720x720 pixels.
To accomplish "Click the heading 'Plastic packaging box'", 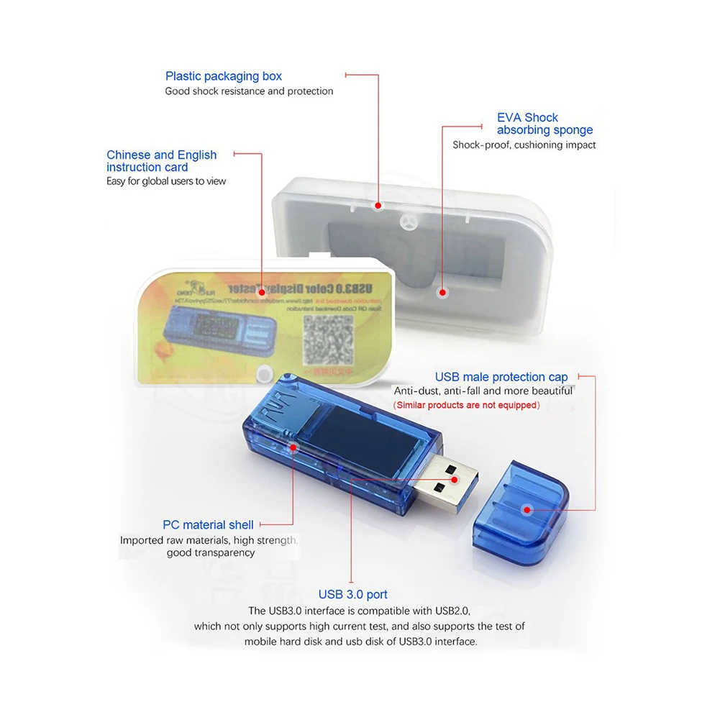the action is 223,76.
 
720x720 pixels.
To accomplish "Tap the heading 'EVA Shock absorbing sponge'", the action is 544,124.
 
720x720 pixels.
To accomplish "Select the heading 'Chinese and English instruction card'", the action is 161,161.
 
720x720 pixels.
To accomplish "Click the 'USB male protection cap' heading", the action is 501,377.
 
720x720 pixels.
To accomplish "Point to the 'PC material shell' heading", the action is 208,525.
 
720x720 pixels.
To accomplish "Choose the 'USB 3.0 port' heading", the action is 352,595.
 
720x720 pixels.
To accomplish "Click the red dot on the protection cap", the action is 527,510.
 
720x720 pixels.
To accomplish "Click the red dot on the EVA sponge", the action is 442,293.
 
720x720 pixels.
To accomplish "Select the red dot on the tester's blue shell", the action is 293,447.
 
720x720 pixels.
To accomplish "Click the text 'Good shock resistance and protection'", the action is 249,91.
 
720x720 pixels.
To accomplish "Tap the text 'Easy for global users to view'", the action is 166,181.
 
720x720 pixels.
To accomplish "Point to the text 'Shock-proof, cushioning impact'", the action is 524,145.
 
